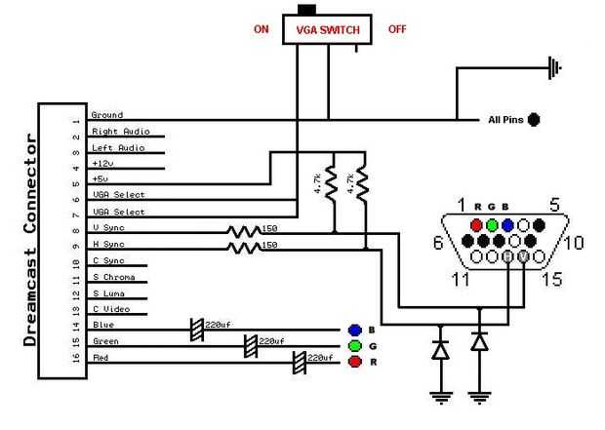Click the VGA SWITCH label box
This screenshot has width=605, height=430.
[328, 30]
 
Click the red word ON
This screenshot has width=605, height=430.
[261, 29]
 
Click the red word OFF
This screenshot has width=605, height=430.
[397, 29]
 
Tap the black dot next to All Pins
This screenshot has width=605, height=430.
[534, 120]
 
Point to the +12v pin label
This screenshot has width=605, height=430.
[104, 163]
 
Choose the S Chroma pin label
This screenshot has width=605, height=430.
[113, 276]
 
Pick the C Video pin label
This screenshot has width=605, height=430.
[111, 308]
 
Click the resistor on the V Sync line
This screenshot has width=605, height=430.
[244, 232]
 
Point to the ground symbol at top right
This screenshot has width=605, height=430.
[554, 67]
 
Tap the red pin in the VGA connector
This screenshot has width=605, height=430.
[476, 222]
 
